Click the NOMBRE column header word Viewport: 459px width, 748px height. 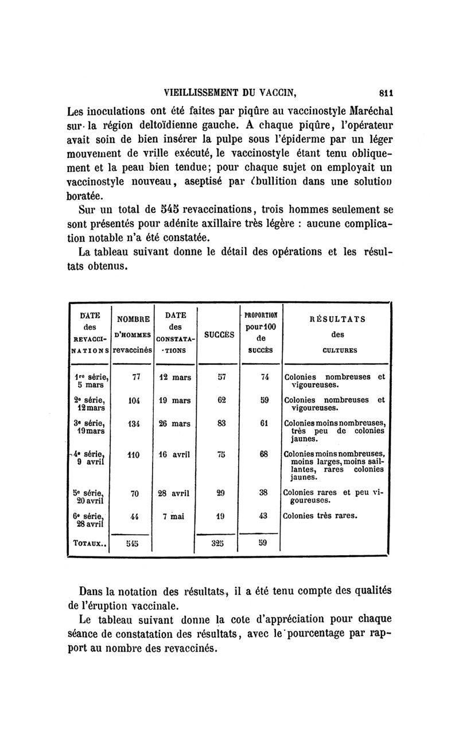point(133,319)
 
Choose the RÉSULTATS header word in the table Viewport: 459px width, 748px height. point(336,320)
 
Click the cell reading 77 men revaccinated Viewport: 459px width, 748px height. point(137,377)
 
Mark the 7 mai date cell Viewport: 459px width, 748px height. point(172,515)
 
